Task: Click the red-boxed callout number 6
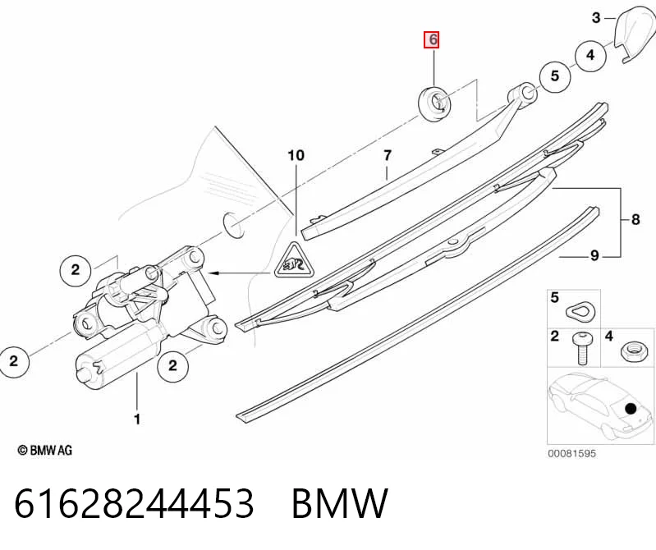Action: tap(431, 39)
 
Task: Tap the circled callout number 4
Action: tap(590, 55)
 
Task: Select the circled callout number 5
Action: tap(555, 76)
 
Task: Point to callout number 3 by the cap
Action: tap(596, 17)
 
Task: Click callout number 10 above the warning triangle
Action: tap(296, 156)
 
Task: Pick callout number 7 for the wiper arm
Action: tap(388, 156)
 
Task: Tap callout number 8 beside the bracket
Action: tap(635, 219)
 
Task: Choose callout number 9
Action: tap(594, 255)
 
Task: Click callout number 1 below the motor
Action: tap(137, 419)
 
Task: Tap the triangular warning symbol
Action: tap(295, 261)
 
